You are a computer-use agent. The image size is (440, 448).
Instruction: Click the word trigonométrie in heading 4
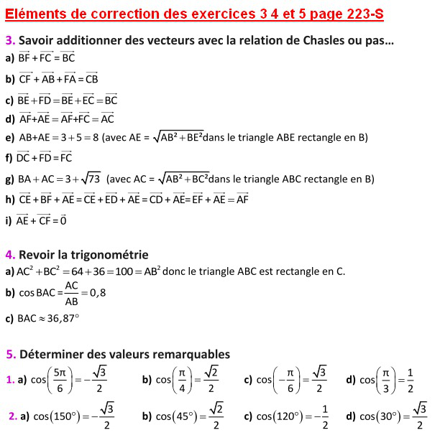point(106,254)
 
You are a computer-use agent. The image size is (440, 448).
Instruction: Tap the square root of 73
point(89,179)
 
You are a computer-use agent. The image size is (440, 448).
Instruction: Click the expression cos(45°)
point(178,416)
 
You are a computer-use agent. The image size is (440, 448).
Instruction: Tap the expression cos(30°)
point(382,416)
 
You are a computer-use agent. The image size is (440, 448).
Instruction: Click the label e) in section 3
point(9,138)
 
